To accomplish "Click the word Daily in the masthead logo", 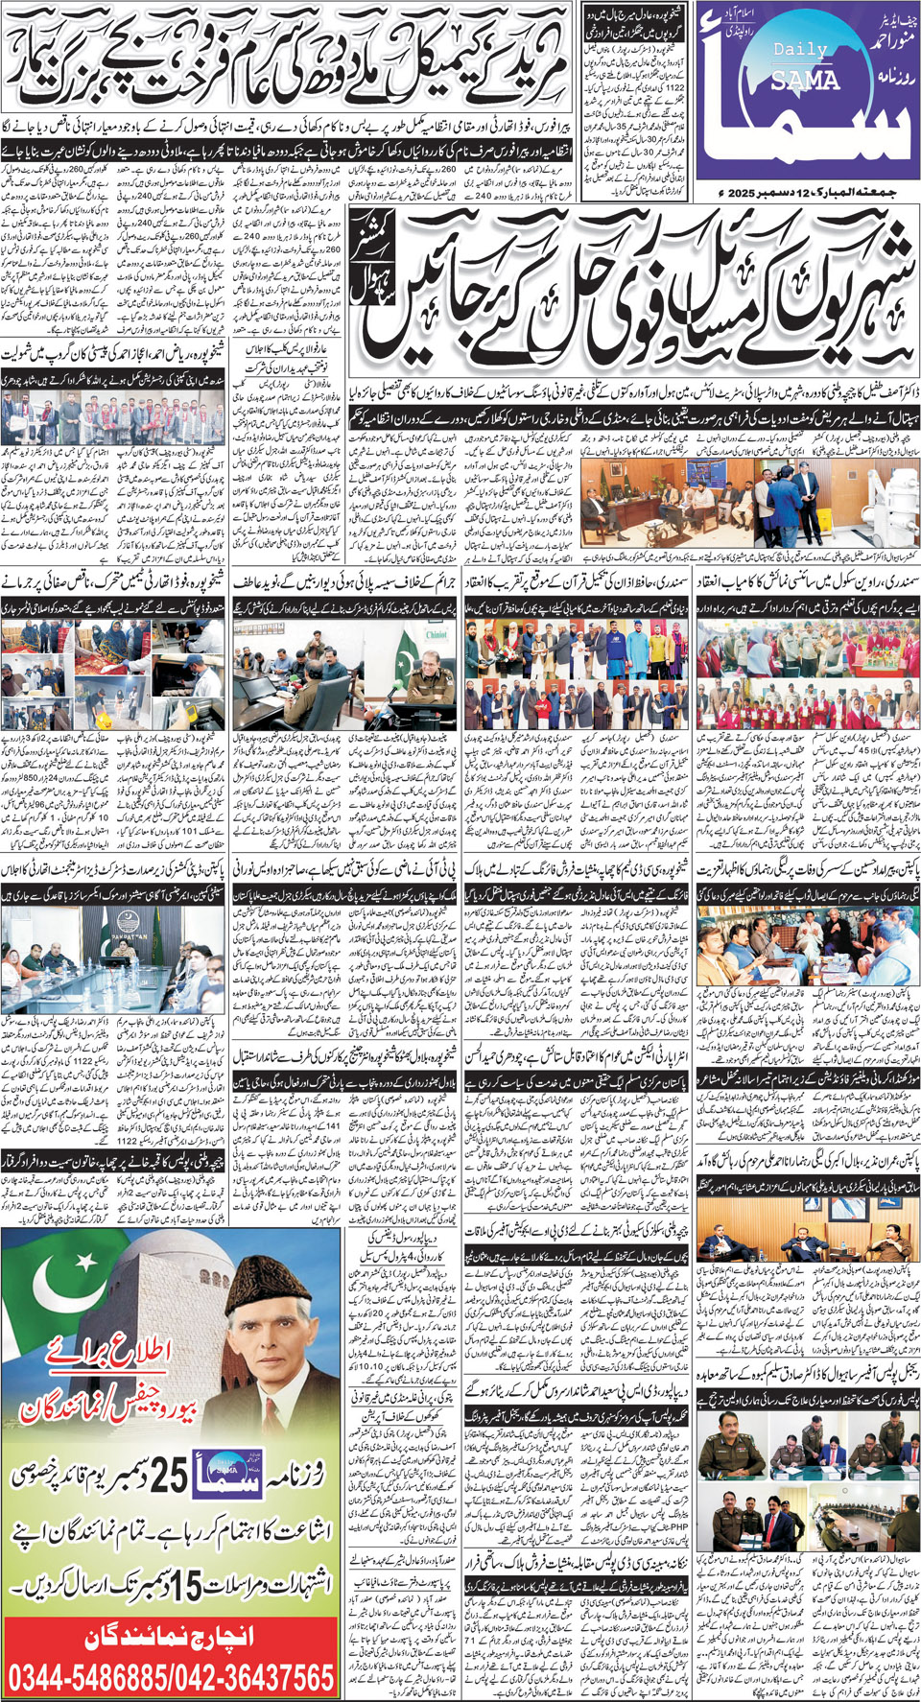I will point(798,49).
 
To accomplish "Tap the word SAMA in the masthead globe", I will point(805,82).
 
